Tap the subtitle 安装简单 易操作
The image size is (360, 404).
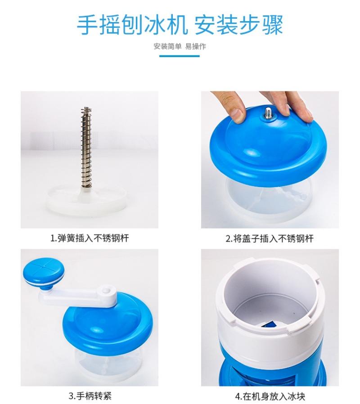click(180, 46)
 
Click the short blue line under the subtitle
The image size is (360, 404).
click(180, 56)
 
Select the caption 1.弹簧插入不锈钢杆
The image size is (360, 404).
click(90, 238)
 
